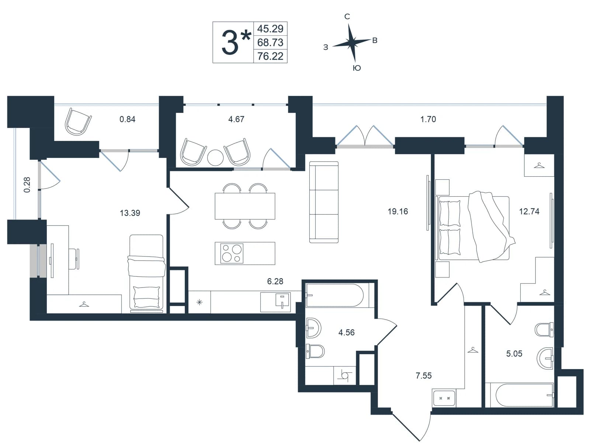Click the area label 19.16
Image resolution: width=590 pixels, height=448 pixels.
point(398,211)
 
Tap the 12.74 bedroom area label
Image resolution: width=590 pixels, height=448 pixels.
point(529,211)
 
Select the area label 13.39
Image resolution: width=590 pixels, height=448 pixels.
point(130,213)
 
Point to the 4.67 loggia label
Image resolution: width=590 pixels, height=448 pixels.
point(236,119)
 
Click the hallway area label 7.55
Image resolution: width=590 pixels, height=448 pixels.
point(423,375)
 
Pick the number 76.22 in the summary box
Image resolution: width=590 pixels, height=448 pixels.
point(270,56)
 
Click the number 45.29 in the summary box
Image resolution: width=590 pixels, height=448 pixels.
point(270,28)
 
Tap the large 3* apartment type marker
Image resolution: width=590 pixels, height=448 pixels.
point(236,42)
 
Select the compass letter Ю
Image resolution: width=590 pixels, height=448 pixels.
point(357,68)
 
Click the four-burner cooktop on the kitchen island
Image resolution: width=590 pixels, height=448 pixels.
point(232,253)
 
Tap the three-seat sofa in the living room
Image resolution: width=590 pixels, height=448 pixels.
point(324,202)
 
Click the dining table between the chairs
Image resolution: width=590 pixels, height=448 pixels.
point(245,206)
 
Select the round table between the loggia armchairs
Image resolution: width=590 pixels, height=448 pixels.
point(215,158)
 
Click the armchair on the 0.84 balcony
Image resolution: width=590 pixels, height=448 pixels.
point(78,121)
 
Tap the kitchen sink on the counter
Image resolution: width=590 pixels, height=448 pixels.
point(282,301)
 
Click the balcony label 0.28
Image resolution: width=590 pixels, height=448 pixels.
point(27,185)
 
